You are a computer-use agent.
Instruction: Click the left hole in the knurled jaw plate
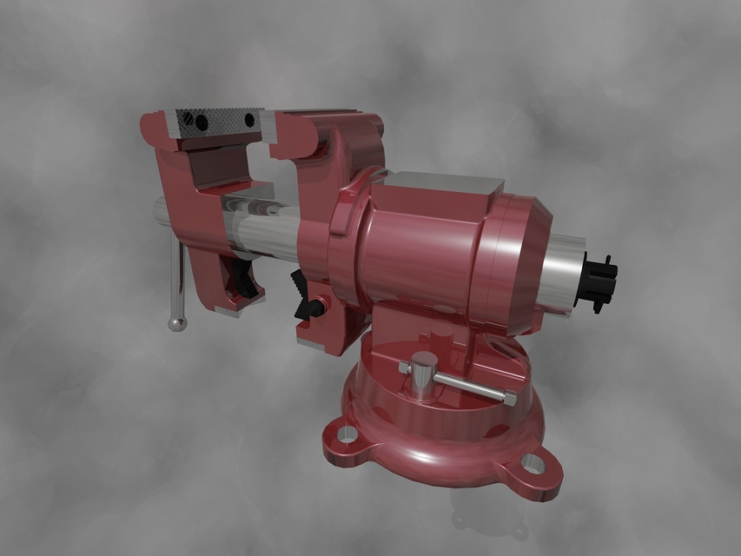tap(202, 122)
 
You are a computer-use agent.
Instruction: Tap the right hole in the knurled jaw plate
tap(250, 119)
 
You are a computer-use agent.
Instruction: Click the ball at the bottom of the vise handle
tap(176, 324)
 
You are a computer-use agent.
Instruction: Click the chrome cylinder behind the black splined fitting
tap(565, 275)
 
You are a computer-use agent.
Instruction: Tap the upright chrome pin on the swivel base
tap(424, 374)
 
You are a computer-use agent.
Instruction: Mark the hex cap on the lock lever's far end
tap(509, 399)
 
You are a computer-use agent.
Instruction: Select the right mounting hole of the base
tap(532, 466)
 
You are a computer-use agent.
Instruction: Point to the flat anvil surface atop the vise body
tap(443, 183)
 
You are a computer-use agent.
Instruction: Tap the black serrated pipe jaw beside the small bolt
tap(301, 294)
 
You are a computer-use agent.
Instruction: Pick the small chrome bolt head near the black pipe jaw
tap(320, 306)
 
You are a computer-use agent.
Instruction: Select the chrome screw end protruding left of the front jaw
tap(160, 212)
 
